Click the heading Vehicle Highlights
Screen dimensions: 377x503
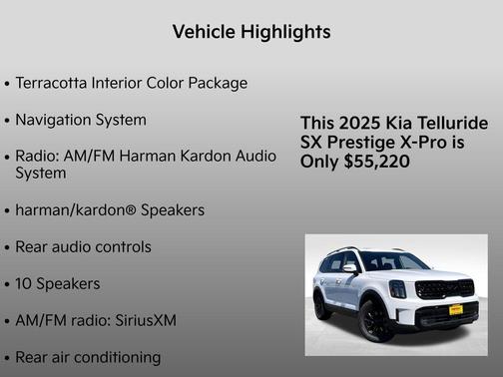[x=251, y=32]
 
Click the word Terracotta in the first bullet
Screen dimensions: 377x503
[x=54, y=83]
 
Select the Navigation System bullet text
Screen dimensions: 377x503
[x=81, y=120]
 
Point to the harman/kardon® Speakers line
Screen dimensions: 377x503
[x=110, y=210]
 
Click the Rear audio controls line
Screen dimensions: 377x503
[x=83, y=246]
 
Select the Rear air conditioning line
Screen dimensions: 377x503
[x=88, y=356]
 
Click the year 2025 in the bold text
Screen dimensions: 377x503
[x=358, y=123]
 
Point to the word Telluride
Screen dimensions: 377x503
[x=450, y=123]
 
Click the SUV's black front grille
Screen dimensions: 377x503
[x=445, y=288]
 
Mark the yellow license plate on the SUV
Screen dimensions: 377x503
[x=455, y=310]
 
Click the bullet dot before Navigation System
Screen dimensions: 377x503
[x=8, y=121]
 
